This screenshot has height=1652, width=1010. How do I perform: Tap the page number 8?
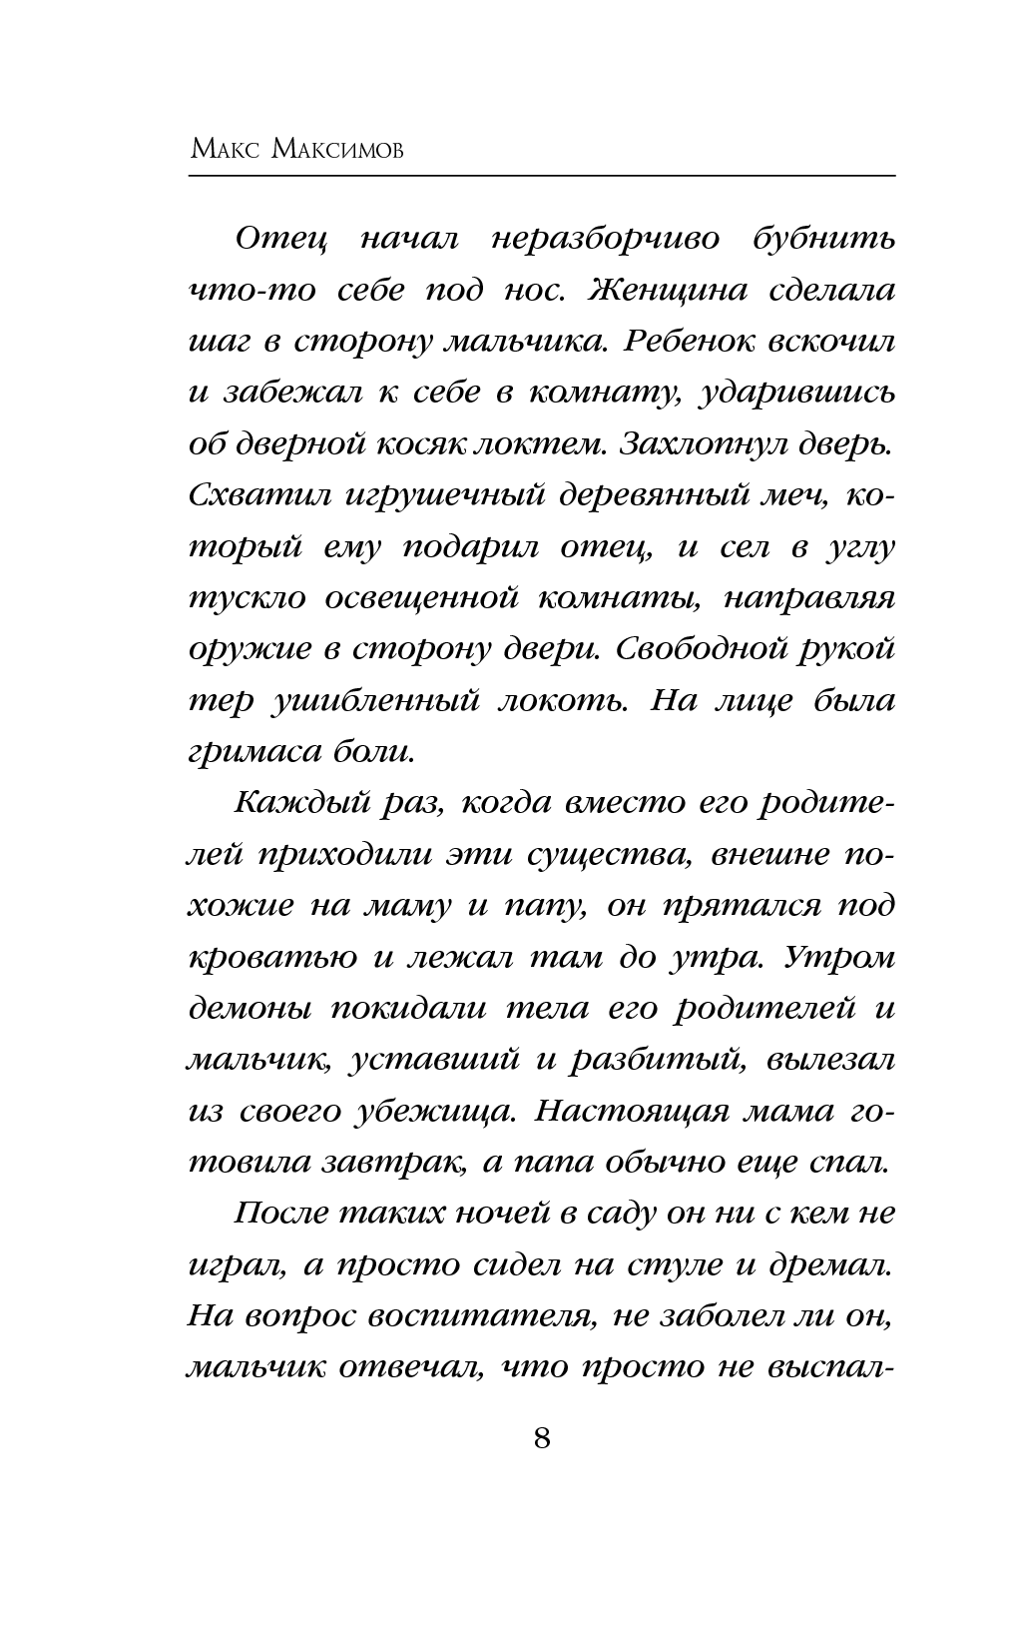pyautogui.click(x=542, y=1438)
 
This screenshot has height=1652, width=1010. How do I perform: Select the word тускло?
pyautogui.click(x=247, y=599)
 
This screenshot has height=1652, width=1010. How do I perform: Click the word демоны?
pyautogui.click(x=249, y=1008)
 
